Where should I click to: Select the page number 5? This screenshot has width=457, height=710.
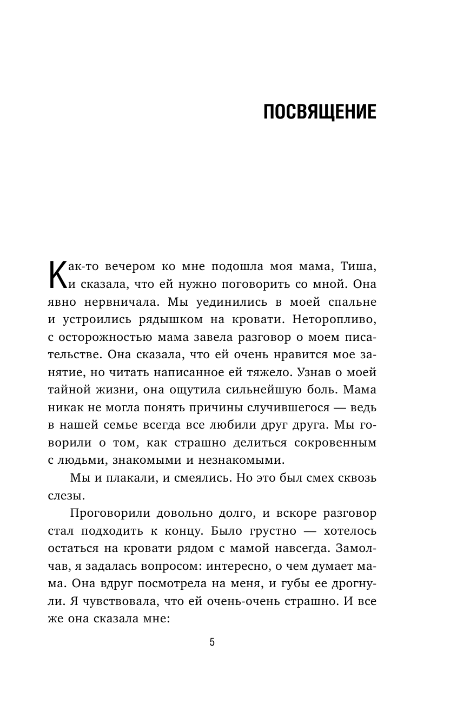click(212, 642)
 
